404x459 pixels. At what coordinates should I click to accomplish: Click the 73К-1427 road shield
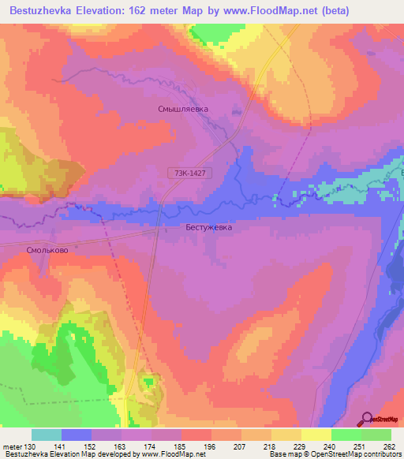coord(189,172)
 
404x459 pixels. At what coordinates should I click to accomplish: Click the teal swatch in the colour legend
coord(47,435)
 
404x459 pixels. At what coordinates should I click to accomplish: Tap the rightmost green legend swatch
coord(376,435)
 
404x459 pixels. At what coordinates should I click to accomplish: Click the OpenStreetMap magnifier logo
coord(366,419)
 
